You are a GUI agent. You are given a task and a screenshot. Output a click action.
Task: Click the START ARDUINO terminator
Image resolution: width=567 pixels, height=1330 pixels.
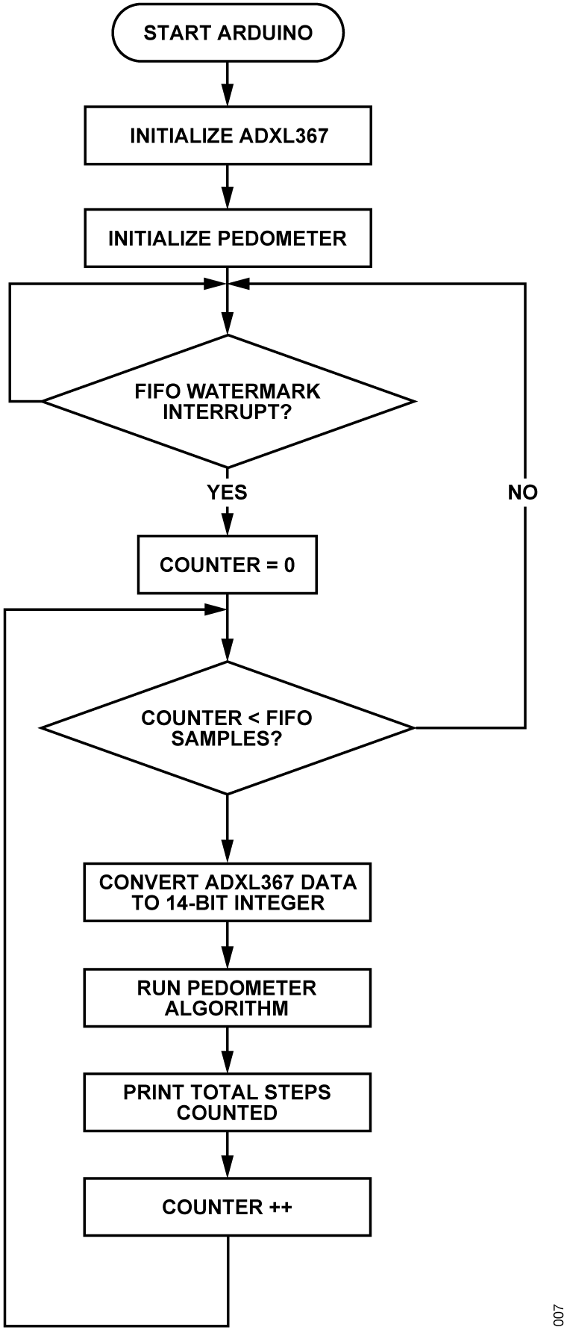[228, 33]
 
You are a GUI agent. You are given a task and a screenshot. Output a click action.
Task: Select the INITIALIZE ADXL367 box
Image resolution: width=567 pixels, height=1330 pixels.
[228, 135]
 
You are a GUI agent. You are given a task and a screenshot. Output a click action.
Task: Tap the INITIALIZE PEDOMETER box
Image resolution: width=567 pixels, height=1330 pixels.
[228, 238]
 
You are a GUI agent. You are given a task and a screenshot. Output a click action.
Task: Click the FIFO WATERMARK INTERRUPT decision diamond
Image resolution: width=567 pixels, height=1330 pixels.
[228, 401]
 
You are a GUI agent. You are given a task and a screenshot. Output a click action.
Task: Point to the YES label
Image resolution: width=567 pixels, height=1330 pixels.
[227, 492]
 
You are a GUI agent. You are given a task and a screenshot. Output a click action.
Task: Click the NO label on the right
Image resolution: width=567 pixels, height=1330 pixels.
[522, 492]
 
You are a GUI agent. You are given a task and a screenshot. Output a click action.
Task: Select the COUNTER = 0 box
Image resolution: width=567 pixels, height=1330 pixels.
[228, 565]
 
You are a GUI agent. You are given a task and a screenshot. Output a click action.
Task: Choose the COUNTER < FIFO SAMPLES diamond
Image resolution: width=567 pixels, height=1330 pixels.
[228, 727]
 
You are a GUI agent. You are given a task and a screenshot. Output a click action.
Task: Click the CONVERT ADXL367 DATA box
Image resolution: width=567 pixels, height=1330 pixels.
[228, 892]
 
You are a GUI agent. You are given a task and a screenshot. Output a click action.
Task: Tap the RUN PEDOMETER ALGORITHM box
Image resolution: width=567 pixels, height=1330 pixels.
[228, 998]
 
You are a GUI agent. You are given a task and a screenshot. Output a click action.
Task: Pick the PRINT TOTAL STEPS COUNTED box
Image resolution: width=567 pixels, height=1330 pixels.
[228, 1102]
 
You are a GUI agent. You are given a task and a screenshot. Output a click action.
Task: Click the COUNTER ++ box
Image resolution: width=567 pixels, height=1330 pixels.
[228, 1207]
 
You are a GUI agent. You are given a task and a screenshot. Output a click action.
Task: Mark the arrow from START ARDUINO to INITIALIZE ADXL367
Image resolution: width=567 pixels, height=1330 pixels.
[228, 84]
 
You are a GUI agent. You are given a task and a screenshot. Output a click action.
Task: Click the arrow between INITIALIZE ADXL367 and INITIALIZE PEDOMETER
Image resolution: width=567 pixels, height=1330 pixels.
[228, 187]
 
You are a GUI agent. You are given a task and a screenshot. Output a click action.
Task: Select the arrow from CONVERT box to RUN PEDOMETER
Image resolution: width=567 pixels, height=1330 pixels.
[228, 945]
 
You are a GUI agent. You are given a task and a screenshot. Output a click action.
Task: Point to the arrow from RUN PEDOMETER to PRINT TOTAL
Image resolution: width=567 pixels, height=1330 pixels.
[228, 1050]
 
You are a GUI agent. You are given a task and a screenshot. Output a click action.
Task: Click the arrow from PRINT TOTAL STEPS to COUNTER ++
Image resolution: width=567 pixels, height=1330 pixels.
[228, 1155]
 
